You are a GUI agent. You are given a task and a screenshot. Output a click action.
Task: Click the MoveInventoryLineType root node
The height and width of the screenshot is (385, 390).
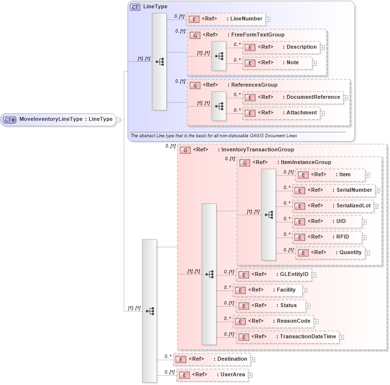pos(58,119)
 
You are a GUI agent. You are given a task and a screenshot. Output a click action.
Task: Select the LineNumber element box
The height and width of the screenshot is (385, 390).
pos(225,19)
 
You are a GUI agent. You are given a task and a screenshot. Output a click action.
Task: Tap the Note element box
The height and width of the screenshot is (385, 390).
pos(276,62)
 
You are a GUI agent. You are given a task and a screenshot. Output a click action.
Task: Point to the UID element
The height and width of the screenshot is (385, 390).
pos(327,221)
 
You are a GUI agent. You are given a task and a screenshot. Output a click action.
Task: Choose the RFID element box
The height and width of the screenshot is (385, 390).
pos(327,237)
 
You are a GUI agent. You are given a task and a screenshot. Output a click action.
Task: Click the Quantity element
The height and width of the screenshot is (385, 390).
pos(330,253)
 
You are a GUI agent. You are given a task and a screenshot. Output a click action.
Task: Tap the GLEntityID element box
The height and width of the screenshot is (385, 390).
pos(273,275)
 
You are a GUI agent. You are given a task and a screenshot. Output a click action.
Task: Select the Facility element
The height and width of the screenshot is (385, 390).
pos(267,290)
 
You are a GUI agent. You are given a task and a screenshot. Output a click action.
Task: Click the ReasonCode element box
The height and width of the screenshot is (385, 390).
pos(273,321)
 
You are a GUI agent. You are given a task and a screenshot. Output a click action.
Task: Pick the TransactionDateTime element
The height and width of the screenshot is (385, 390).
pos(287,336)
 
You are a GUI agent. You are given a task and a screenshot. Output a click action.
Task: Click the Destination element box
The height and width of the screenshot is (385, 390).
pos(211,359)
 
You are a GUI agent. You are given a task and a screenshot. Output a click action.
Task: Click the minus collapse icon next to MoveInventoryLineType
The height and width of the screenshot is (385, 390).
pos(118,120)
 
